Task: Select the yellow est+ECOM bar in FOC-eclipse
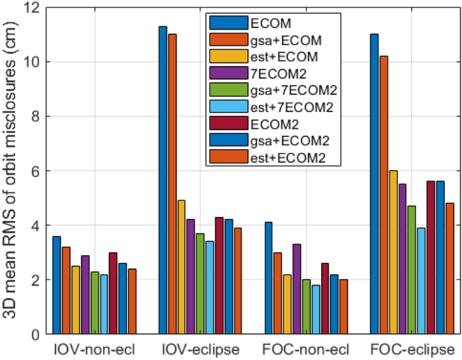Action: point(393,252)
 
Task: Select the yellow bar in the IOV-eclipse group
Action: point(181,267)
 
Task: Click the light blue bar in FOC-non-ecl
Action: point(316,309)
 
